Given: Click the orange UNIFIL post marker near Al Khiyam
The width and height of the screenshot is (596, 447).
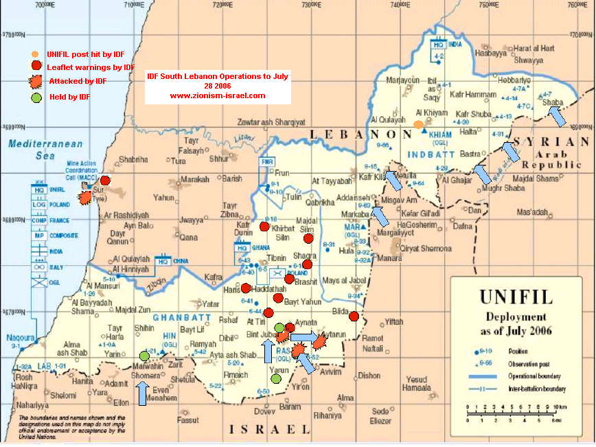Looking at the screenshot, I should (418, 124).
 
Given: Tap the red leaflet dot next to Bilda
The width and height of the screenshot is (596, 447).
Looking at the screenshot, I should (354, 316).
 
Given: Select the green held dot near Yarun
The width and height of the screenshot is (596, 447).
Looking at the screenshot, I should (275, 378).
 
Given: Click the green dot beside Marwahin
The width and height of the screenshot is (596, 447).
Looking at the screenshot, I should (144, 356).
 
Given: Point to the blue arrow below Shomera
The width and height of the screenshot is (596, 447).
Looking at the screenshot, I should (141, 393).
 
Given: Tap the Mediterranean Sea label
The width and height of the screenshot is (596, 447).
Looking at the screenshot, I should (45, 149).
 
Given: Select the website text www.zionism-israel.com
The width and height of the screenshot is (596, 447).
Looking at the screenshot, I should (218, 95).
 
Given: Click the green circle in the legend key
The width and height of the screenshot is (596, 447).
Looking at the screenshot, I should (36, 97).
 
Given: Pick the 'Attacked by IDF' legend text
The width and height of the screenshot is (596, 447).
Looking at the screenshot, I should (78, 81).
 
